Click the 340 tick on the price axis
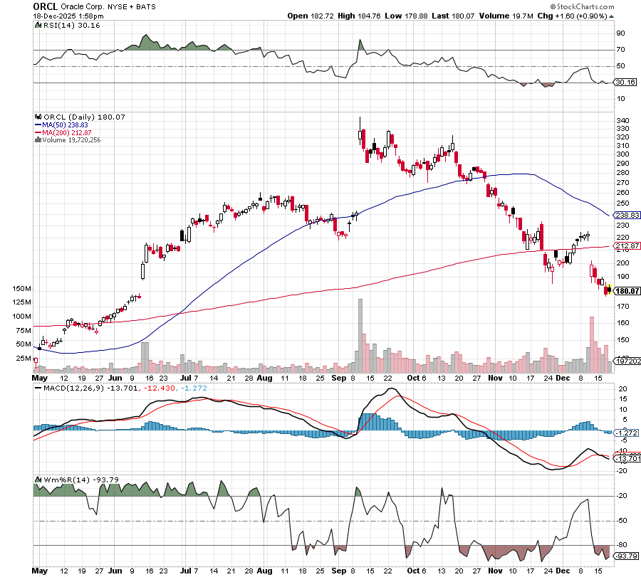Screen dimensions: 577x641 [x=622, y=120]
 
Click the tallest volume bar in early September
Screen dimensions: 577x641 [x=360, y=334]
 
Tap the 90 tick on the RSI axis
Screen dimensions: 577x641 [x=620, y=33]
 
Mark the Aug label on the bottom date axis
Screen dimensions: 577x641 [x=265, y=571]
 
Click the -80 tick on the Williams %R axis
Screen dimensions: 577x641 [x=621, y=546]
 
